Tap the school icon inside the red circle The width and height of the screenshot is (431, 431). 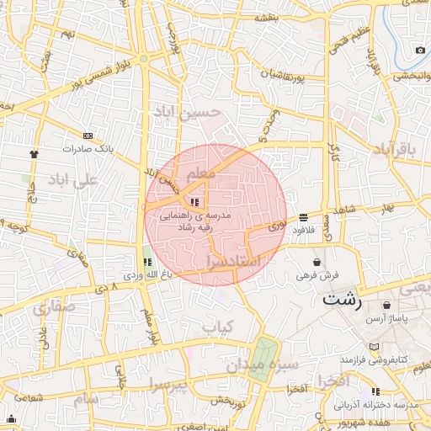pyautogui.click(x=195, y=202)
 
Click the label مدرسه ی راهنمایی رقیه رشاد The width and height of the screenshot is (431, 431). pyautogui.click(x=195, y=221)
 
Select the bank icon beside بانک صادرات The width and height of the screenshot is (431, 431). pyautogui.click(x=88, y=136)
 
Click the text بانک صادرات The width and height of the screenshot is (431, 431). pyautogui.click(x=87, y=149)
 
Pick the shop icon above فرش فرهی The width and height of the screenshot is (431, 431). pyautogui.click(x=317, y=263)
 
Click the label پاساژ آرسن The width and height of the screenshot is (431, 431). pyautogui.click(x=386, y=320)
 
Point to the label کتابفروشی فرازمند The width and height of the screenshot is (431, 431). pyautogui.click(x=374, y=359)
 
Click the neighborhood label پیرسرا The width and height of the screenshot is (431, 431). pyautogui.click(x=168, y=384)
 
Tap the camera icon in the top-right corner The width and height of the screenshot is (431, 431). pyautogui.click(x=420, y=50)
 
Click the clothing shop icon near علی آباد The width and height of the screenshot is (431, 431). pyautogui.click(x=34, y=154)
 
